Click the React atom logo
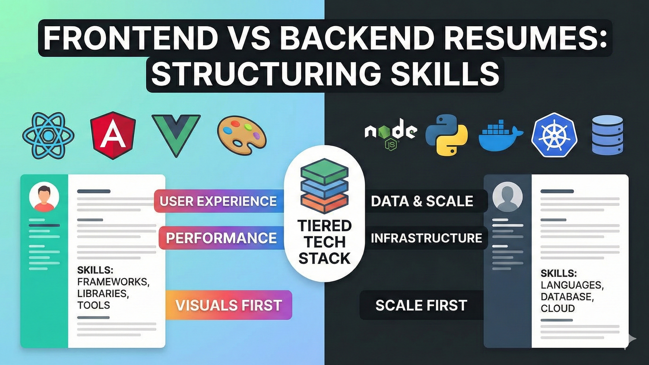click(48, 136)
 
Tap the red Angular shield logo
click(113, 135)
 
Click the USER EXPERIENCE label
click(218, 201)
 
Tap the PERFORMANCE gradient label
click(221, 238)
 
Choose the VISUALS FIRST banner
click(228, 305)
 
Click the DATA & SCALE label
click(422, 201)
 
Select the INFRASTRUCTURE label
click(426, 238)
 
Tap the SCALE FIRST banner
click(421, 305)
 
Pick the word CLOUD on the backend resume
click(557, 308)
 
